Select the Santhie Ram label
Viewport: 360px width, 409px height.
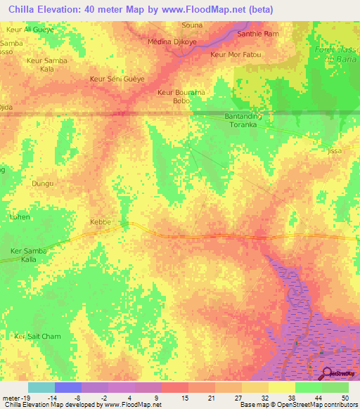pos(259,34)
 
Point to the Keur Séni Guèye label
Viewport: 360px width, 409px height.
pos(117,79)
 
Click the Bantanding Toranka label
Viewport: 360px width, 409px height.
pos(243,120)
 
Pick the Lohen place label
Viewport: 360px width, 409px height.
pos(19,217)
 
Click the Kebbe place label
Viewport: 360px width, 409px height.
pos(101,222)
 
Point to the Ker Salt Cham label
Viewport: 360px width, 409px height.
pos(38,337)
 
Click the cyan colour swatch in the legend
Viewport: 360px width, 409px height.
pos(41,387)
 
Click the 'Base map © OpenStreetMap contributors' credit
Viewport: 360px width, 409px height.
pos(297,405)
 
